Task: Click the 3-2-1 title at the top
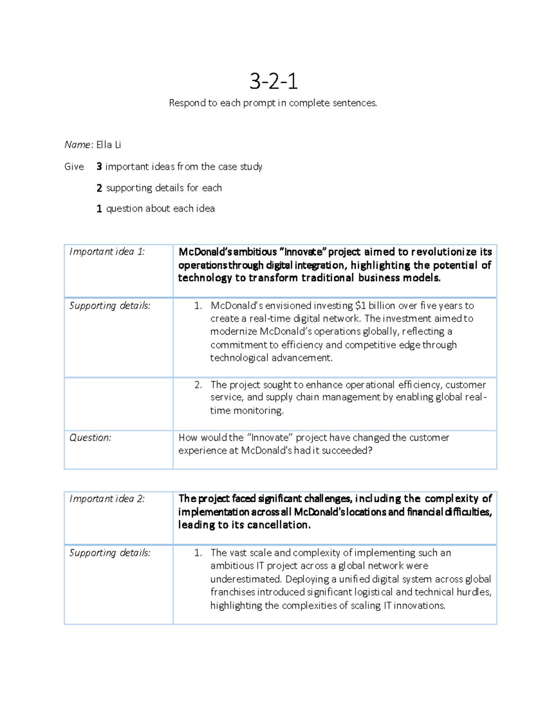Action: [x=273, y=82]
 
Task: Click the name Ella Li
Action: [x=108, y=145]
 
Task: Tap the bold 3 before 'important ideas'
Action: [x=99, y=167]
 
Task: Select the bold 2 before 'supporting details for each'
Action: [x=99, y=188]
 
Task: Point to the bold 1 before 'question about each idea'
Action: [x=99, y=209]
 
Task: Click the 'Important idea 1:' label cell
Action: [x=107, y=252]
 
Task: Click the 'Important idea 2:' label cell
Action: [x=107, y=499]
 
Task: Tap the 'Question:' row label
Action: [x=90, y=438]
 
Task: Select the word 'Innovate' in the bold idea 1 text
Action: [x=305, y=252]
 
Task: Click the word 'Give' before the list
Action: [x=74, y=167]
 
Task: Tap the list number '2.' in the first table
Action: [x=198, y=385]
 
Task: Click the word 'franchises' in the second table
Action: [x=232, y=592]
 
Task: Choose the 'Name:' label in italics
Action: [x=78, y=145]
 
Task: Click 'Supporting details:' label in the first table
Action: [x=109, y=305]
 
